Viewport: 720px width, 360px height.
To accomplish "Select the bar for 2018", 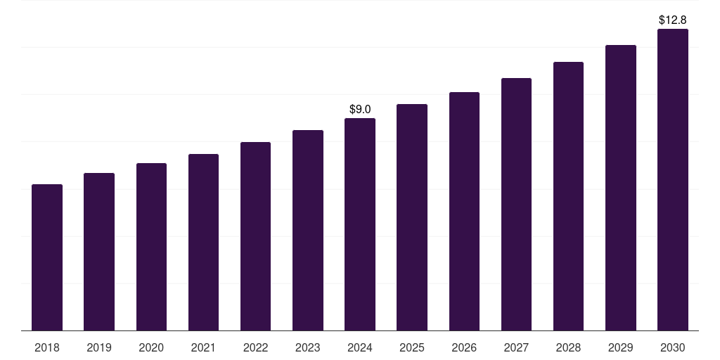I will (x=47, y=257).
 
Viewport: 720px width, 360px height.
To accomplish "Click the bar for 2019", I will (x=99, y=252).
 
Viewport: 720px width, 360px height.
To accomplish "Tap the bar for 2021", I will (x=203, y=242).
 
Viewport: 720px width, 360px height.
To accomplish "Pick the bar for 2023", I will (x=308, y=230).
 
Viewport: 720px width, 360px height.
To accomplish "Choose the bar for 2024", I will (x=360, y=224).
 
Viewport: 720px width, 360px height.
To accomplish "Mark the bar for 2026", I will (x=464, y=211).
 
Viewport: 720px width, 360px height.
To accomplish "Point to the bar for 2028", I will (x=568, y=196).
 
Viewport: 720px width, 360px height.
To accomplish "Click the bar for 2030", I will (x=673, y=179).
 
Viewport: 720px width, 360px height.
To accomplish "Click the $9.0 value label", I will (x=360, y=109).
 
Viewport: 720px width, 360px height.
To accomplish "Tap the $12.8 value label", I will (x=673, y=20).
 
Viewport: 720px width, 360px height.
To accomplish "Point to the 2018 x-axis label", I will (x=47, y=347).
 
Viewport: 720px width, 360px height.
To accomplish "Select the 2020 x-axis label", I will (x=151, y=347).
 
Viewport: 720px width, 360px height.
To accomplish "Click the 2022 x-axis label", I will (x=255, y=347).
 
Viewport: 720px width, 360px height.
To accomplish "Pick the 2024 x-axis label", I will (x=360, y=347).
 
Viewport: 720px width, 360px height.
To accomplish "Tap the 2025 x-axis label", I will (x=412, y=347).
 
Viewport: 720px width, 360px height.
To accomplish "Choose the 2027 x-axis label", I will (x=516, y=347).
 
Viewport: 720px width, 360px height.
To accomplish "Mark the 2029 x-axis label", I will (x=621, y=347).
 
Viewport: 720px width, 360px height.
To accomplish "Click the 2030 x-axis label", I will (x=673, y=347).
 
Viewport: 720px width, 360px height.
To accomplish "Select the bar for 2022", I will (x=255, y=236).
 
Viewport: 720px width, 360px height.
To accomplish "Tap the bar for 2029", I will (x=621, y=188).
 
